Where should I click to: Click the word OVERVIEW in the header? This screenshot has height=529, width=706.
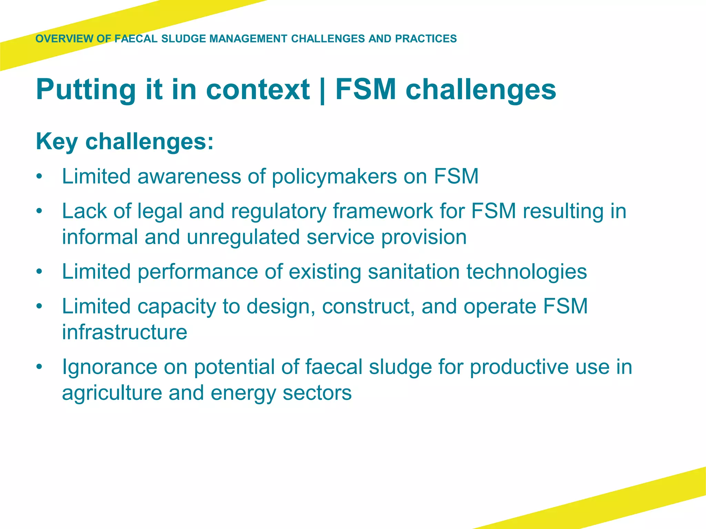click(64, 39)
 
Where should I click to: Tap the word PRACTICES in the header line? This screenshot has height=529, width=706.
click(426, 39)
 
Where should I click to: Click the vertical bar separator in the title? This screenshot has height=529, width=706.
click(322, 90)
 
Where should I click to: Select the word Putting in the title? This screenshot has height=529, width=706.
click(86, 90)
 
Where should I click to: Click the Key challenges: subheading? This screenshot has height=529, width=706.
click(125, 142)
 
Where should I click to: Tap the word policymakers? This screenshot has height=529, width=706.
click(334, 177)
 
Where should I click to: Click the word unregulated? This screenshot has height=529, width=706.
click(243, 237)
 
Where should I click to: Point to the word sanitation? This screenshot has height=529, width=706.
click(414, 272)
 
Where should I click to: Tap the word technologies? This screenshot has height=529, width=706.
click(527, 272)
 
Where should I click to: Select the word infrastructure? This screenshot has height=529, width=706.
click(124, 332)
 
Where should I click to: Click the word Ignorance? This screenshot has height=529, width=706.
click(110, 367)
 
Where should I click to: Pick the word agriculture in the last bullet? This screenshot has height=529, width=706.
click(112, 393)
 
